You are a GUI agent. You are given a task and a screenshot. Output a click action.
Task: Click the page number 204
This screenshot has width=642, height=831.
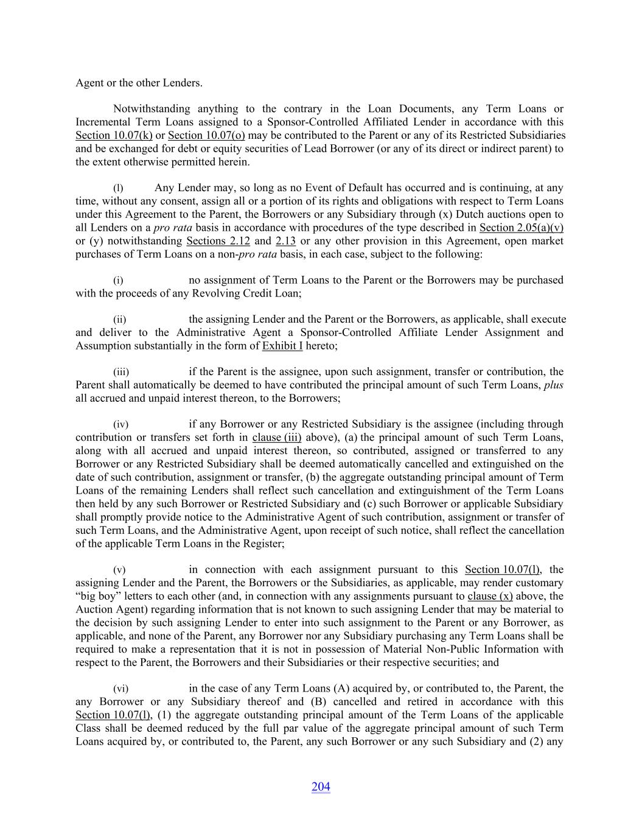click(321, 787)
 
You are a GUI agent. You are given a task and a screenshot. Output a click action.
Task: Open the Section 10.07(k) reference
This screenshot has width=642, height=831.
click(114, 135)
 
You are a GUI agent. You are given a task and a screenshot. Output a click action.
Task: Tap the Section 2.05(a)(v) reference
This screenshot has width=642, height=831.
click(521, 228)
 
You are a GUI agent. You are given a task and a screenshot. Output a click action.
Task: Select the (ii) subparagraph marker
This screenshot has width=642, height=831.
click(120, 320)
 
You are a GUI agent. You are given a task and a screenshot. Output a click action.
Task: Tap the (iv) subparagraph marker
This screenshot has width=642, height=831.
click(120, 424)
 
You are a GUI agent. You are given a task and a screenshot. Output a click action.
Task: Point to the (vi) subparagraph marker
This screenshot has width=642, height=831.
click(120, 689)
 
